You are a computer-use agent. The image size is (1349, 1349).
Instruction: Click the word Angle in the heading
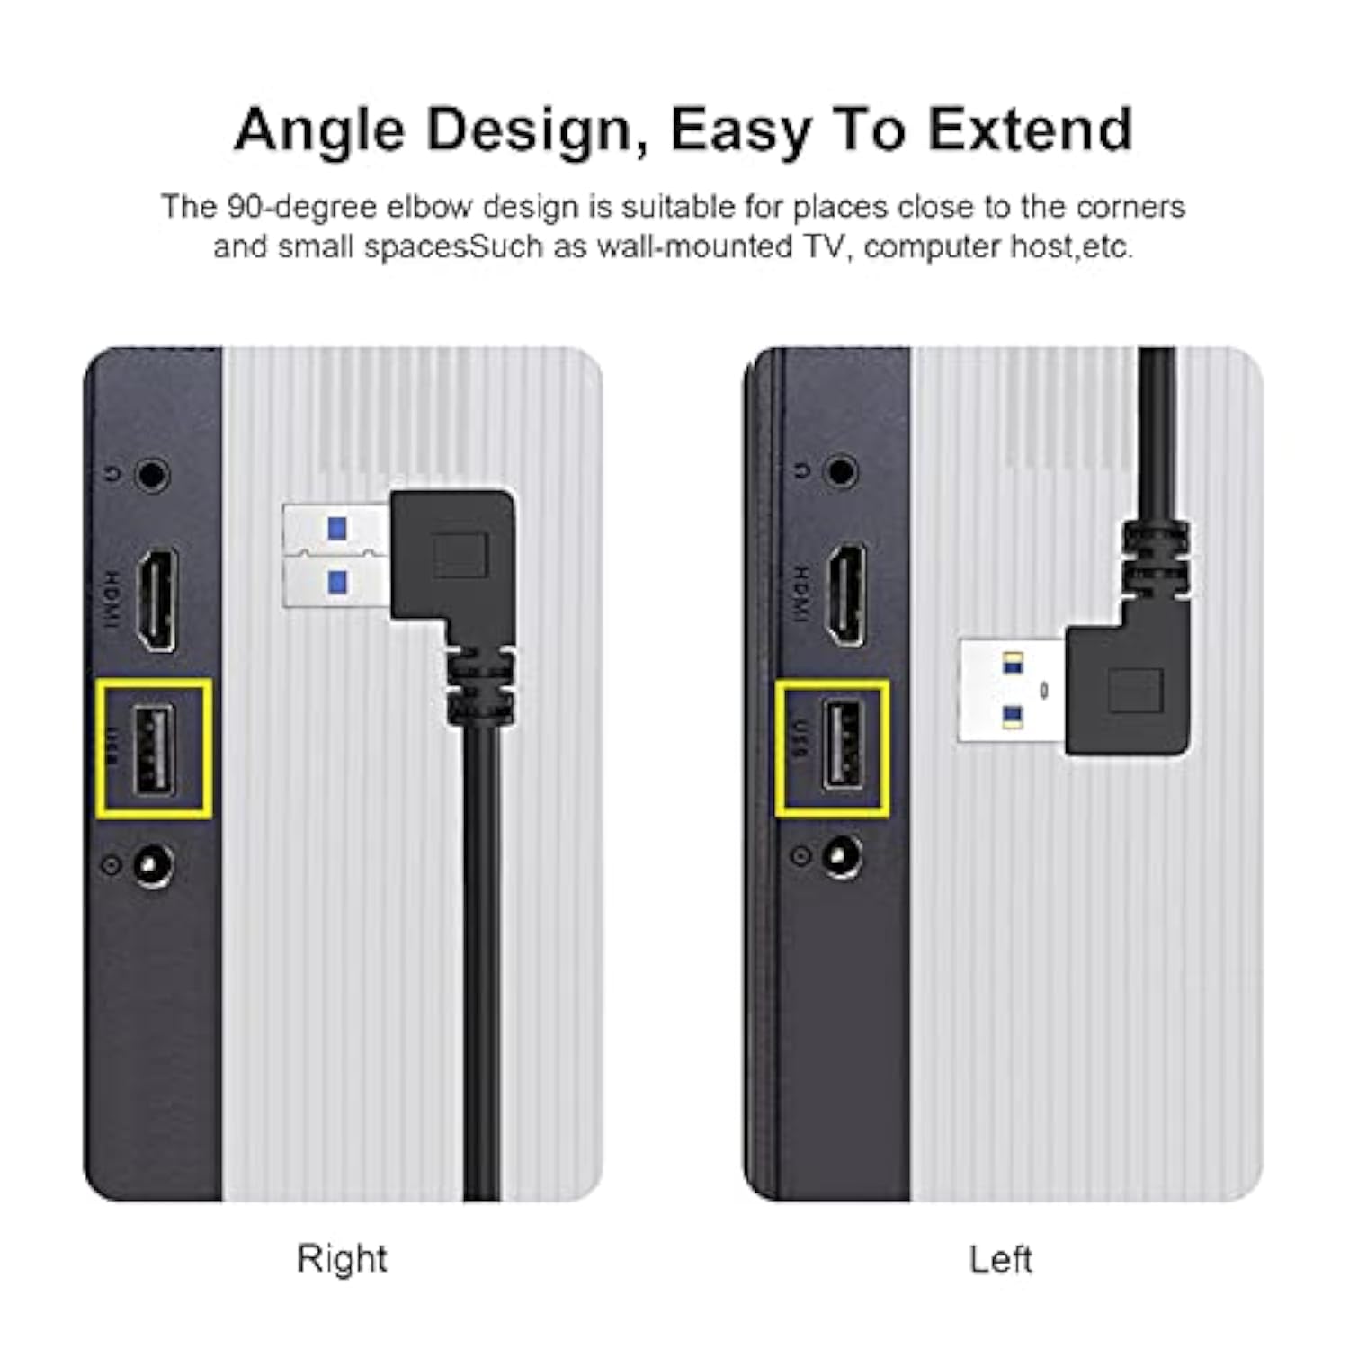pyautogui.click(x=320, y=130)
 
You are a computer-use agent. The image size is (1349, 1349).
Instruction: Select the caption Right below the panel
pyautogui.click(x=342, y=1258)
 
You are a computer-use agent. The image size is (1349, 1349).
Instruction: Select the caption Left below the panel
pyautogui.click(x=1000, y=1259)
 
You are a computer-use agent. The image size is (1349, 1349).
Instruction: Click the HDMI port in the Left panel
pyautogui.click(x=846, y=594)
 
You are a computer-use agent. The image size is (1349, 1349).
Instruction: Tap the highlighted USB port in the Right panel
pyautogui.click(x=154, y=749)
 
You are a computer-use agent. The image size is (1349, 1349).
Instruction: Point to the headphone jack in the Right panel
pyautogui.click(x=153, y=475)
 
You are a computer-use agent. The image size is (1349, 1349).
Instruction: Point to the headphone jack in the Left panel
pyautogui.click(x=843, y=470)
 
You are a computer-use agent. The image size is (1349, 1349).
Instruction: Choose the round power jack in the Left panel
pyautogui.click(x=841, y=855)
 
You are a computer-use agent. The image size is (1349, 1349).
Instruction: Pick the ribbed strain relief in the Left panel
pyautogui.click(x=1156, y=558)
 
